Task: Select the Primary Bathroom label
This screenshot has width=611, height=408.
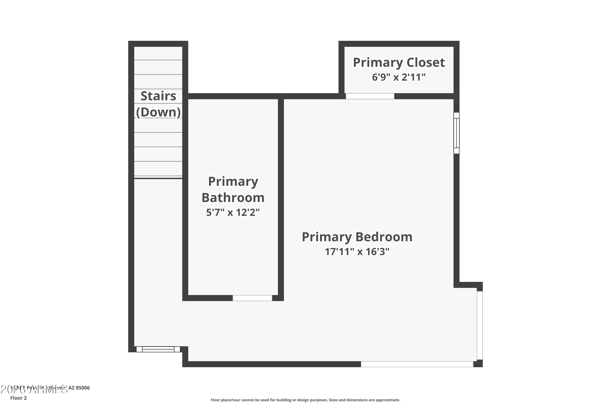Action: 233,190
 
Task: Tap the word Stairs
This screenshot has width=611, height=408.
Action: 158,96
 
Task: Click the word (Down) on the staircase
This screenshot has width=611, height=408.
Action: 158,112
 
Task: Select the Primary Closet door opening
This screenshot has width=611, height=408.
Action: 370,96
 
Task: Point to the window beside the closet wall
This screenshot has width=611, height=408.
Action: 456,133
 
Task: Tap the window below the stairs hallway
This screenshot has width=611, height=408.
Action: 158,349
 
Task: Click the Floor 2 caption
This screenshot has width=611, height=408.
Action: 19,398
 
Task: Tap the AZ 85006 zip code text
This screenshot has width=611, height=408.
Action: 79,388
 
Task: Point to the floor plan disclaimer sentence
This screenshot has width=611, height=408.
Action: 305,400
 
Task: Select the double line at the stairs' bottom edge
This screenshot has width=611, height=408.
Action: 158,178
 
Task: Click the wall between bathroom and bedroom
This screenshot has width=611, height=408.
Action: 281,198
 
